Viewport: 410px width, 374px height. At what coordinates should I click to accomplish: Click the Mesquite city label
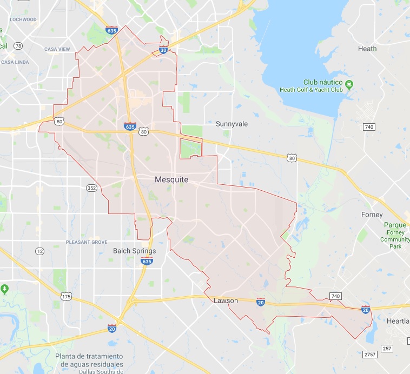coord(171,179)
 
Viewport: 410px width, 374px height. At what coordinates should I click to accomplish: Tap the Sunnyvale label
coord(232,124)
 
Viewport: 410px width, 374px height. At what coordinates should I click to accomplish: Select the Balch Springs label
coord(134,251)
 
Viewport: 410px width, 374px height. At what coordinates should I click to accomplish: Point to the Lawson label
coord(226,300)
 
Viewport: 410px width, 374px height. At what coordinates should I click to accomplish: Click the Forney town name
coord(372,215)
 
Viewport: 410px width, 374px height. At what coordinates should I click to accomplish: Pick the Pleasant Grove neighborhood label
coord(86,242)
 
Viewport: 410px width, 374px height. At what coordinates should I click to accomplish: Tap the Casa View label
coord(57,49)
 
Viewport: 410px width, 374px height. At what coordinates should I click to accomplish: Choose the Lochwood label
coord(23,19)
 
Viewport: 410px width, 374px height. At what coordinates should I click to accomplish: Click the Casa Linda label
coord(15,62)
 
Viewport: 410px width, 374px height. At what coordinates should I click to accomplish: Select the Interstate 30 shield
coord(163,50)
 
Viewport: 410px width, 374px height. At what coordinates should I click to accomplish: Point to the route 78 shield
coord(18,46)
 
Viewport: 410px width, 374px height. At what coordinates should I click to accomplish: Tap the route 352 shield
coord(91,188)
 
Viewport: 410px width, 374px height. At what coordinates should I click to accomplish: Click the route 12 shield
coord(39,251)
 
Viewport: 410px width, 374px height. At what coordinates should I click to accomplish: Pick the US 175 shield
coord(66,296)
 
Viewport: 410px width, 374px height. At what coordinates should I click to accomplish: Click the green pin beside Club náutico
coord(349,83)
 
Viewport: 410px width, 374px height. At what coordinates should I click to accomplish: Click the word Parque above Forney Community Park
coord(391,225)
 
